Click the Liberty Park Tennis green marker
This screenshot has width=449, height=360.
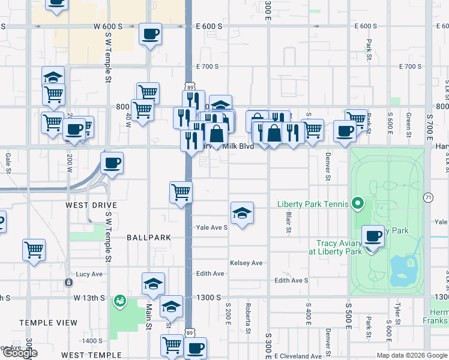[358, 204]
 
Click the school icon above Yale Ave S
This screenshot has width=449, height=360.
[242, 213]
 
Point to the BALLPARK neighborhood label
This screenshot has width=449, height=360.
[149, 238]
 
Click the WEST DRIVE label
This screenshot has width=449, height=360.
[91, 205]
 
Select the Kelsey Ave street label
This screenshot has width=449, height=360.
[246, 263]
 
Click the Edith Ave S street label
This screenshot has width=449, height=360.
[291, 280]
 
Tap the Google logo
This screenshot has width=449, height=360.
[20, 353]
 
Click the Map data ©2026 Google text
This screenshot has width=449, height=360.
[411, 355]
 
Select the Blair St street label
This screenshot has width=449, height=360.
[289, 222]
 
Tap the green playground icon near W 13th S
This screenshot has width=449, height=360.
[120, 299]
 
